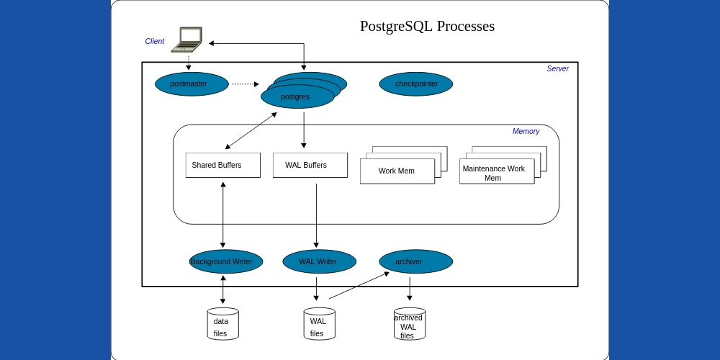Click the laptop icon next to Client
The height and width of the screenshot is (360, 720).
(188, 40)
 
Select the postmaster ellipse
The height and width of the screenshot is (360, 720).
(192, 84)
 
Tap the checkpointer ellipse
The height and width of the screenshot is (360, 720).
(416, 84)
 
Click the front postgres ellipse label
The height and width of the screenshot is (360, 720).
(296, 97)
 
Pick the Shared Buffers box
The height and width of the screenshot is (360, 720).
(222, 165)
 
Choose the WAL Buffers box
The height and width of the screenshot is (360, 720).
(310, 165)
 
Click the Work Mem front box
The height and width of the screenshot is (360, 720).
(397, 171)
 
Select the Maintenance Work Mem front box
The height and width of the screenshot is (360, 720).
(496, 173)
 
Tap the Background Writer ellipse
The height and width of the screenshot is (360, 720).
(225, 261)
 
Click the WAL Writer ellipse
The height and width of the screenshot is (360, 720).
(319, 261)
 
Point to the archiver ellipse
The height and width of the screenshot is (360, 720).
(415, 261)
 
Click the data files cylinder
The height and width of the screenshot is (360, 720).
(222, 325)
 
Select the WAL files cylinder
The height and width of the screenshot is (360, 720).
(319, 325)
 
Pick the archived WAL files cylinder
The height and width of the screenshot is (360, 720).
(409, 325)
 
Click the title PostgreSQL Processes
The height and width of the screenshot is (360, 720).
(427, 26)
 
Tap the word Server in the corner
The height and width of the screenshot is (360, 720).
(557, 68)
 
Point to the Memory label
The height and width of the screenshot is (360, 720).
(526, 131)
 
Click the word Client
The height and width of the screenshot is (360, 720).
(155, 41)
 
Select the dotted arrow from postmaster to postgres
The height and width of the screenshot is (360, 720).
(245, 84)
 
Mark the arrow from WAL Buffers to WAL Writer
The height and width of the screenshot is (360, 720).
(316, 216)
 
